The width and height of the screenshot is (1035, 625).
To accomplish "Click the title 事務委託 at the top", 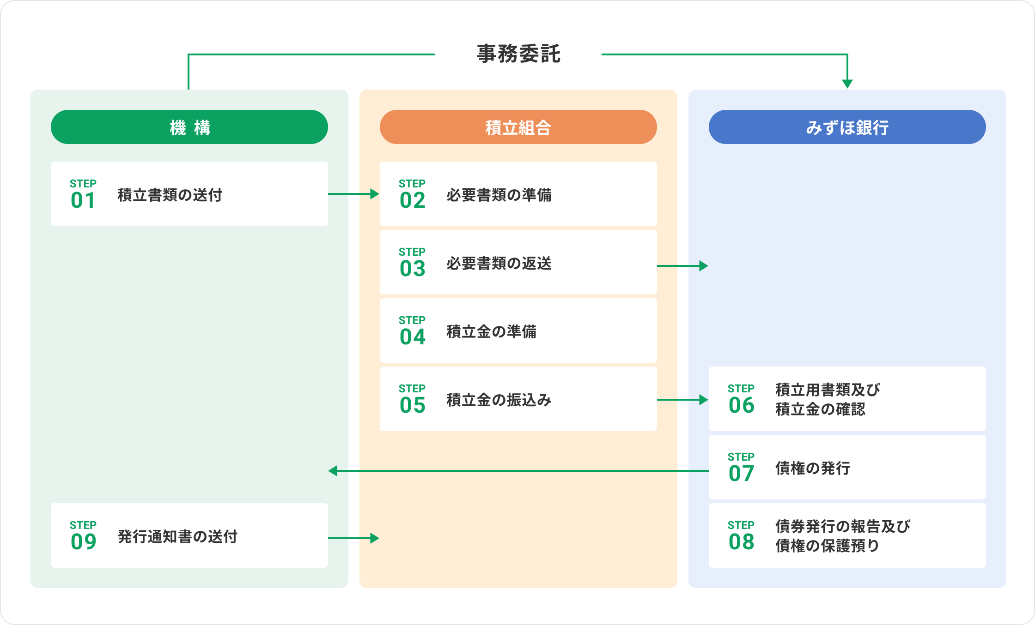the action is (518, 54).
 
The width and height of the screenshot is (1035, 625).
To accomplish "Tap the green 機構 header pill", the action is (189, 127).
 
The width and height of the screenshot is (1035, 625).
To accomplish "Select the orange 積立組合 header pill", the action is (518, 127).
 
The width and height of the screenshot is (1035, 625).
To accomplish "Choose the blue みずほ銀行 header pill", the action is (847, 127).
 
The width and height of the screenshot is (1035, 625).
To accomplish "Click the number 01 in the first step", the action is (83, 200).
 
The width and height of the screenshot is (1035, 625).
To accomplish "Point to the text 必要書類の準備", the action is (499, 195).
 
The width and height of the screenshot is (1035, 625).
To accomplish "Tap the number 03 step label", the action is (412, 269).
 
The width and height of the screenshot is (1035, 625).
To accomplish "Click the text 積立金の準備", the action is (492, 331).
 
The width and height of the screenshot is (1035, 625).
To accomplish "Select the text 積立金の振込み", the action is (499, 400).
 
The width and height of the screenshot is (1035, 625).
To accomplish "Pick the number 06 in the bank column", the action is (741, 405).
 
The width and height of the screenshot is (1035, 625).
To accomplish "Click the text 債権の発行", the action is (813, 468).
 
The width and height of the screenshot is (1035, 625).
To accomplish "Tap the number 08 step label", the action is (741, 542).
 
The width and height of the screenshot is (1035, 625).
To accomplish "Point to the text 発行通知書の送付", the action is (177, 536).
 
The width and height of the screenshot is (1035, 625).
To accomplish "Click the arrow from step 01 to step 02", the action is (353, 194).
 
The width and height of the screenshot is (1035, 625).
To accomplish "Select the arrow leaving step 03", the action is (682, 266).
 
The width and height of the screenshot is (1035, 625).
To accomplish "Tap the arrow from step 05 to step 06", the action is (682, 400).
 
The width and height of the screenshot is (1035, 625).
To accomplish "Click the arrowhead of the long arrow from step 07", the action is (333, 471).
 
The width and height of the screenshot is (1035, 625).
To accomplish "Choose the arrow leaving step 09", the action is (353, 538).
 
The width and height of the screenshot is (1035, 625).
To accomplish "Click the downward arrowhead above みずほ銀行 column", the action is (847, 84).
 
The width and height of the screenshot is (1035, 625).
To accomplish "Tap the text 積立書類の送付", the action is (170, 195).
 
